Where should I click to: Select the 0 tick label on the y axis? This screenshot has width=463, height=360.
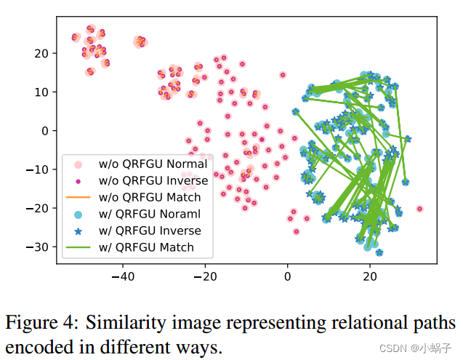pyautogui.click(x=44, y=131)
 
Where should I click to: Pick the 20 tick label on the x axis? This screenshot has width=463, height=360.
pyautogui.click(x=370, y=276)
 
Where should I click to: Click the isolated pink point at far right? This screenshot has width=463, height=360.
pyautogui.click(x=419, y=209)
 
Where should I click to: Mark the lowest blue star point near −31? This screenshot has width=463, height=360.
pyautogui.click(x=379, y=252)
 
